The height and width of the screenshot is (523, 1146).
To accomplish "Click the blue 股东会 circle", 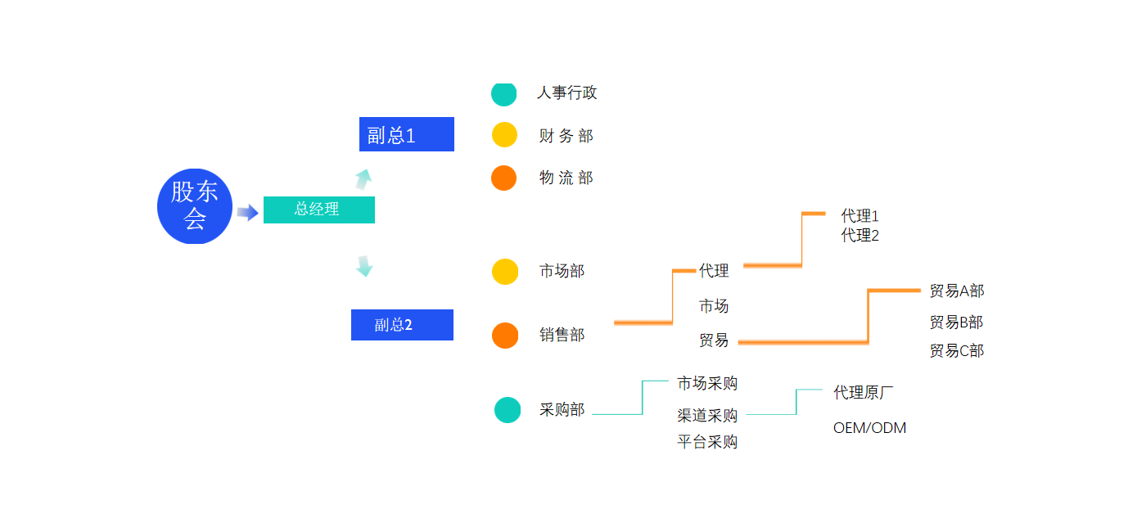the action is (195, 206).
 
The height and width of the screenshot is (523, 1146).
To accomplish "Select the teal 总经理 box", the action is (318, 210).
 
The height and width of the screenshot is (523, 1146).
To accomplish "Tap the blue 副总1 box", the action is (407, 134).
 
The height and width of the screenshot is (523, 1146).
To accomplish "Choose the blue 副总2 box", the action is (402, 325).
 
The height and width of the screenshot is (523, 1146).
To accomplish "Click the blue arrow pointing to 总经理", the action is (247, 212).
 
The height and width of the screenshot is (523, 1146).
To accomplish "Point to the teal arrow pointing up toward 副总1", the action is (363, 179).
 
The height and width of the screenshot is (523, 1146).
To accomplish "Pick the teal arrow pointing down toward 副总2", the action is (364, 266).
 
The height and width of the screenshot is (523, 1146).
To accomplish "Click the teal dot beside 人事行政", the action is (504, 94).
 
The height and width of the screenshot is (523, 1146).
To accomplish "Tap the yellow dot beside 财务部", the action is (504, 134).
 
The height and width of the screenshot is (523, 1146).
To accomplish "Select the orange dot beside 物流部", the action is (504, 178).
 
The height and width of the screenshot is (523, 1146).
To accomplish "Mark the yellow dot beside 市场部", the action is (505, 272).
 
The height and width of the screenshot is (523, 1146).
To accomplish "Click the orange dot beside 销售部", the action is (505, 336).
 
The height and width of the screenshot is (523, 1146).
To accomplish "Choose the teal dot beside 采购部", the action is (508, 410).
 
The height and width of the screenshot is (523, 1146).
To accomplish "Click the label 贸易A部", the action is (957, 291).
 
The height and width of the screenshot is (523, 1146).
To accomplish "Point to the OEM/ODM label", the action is (869, 428).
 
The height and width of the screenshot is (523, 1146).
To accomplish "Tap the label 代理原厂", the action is (863, 393).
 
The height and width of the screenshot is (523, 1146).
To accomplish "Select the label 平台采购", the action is (707, 442).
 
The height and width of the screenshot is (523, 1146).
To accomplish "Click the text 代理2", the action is (859, 236).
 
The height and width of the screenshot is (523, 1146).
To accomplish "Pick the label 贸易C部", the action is (957, 351).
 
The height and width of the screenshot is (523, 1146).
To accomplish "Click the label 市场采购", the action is (707, 383).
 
